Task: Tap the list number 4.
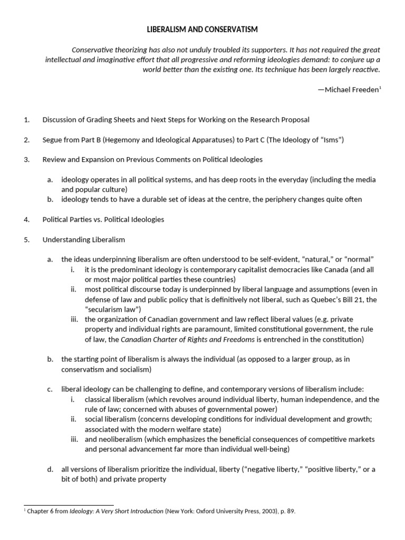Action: [26, 220]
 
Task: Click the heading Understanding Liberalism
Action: [84, 239]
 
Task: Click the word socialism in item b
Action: [132, 369]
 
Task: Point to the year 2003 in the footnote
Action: [276, 511]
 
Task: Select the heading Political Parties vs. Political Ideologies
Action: [103, 220]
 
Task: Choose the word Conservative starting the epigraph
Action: [93, 50]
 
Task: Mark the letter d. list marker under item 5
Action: [50, 469]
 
